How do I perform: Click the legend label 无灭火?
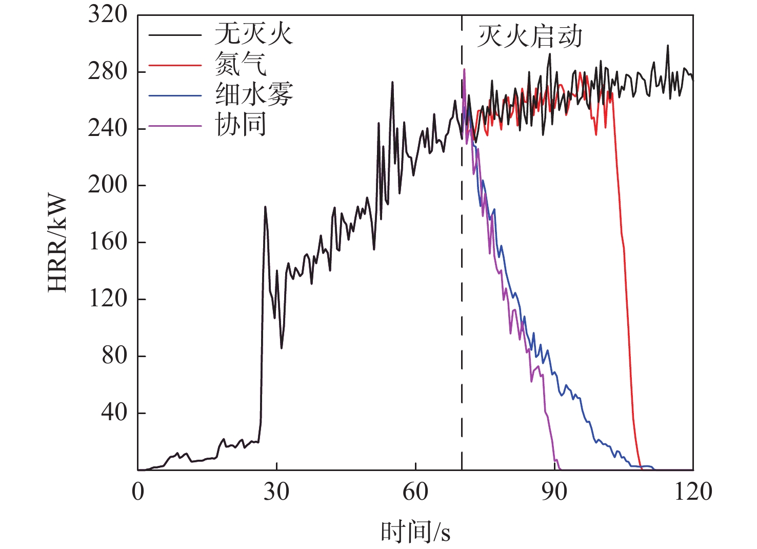[x=253, y=35]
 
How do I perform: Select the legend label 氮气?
[x=241, y=65]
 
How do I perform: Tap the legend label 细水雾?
[x=253, y=95]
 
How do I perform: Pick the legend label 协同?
[x=241, y=125]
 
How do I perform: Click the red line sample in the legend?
[x=174, y=65]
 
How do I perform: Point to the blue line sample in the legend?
[x=174, y=95]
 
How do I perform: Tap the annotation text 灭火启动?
[x=529, y=37]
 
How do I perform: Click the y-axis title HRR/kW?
[x=57, y=243]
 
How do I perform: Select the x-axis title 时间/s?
[x=415, y=532]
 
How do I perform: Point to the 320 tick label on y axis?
[x=107, y=14]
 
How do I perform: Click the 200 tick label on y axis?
[x=107, y=185]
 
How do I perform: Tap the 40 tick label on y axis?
[x=114, y=413]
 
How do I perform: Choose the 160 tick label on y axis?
[x=107, y=242]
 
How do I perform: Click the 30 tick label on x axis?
[x=276, y=492]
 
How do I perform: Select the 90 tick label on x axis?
[x=554, y=492]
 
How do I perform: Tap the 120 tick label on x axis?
[x=693, y=492]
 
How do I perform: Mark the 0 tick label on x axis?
[x=138, y=492]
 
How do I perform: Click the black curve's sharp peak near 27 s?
[x=265, y=207]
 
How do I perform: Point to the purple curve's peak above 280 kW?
[x=464, y=69]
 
